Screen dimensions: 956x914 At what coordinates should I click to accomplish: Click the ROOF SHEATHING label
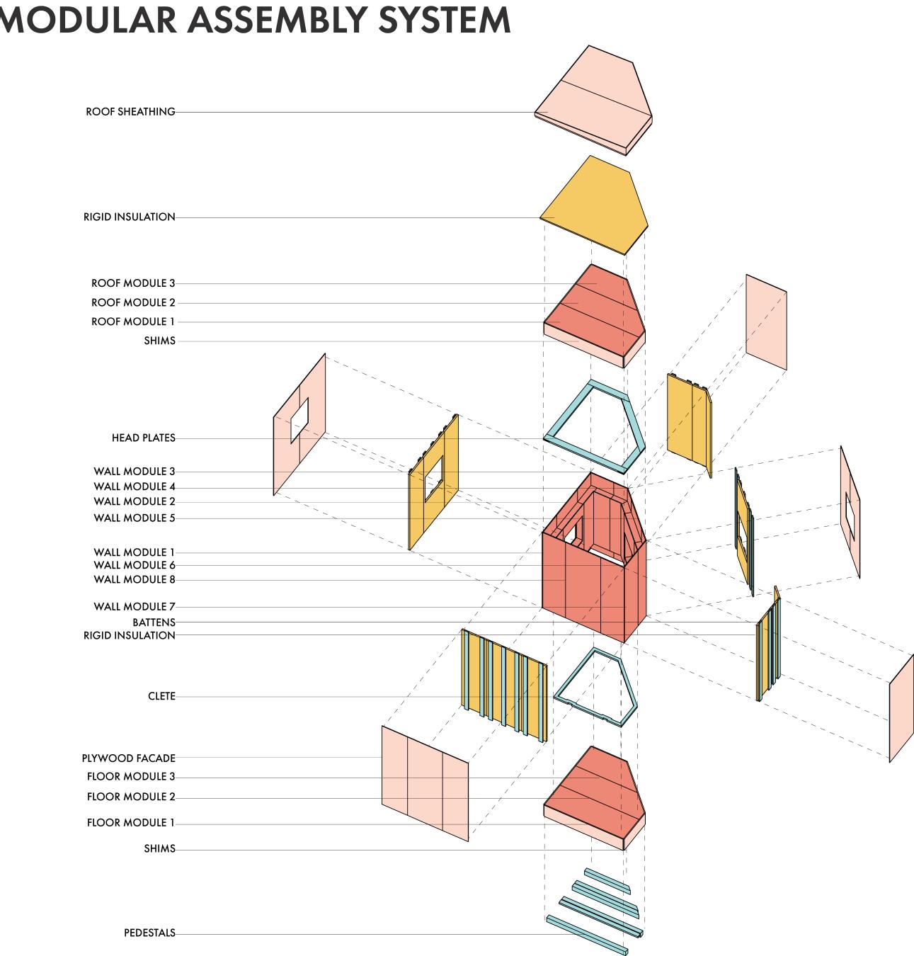tap(130, 112)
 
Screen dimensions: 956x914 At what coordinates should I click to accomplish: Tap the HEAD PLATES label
tap(143, 438)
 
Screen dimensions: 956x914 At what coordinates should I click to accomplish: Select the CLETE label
tap(161, 696)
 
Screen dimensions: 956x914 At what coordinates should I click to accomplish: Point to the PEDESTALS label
tap(149, 933)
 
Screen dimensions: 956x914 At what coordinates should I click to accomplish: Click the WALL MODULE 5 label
tap(134, 518)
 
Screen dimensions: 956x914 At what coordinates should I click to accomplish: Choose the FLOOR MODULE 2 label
tap(131, 797)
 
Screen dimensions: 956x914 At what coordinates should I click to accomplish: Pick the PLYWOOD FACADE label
tap(128, 758)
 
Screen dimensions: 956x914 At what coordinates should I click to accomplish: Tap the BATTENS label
tap(154, 622)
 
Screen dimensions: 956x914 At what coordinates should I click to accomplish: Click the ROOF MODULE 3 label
tap(133, 283)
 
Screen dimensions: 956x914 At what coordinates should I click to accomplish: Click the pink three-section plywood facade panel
tap(425, 783)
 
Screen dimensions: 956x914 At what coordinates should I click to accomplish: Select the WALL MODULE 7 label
tap(134, 607)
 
